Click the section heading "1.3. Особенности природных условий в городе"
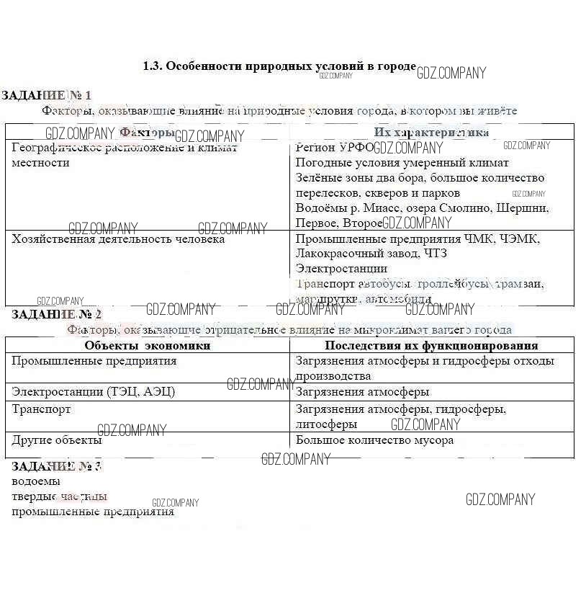coord(279,66)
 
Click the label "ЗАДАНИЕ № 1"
coord(47,95)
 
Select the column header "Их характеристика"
coord(431,133)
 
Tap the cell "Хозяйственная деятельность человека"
coord(118,239)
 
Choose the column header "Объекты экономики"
coord(148,346)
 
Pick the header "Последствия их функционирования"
coord(431,346)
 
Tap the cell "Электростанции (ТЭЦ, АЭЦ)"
coord(94,392)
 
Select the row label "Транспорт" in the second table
coord(41,409)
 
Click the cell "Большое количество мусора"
coord(374,440)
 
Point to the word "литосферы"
coord(326,424)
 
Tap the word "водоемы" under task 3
coord(36,481)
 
